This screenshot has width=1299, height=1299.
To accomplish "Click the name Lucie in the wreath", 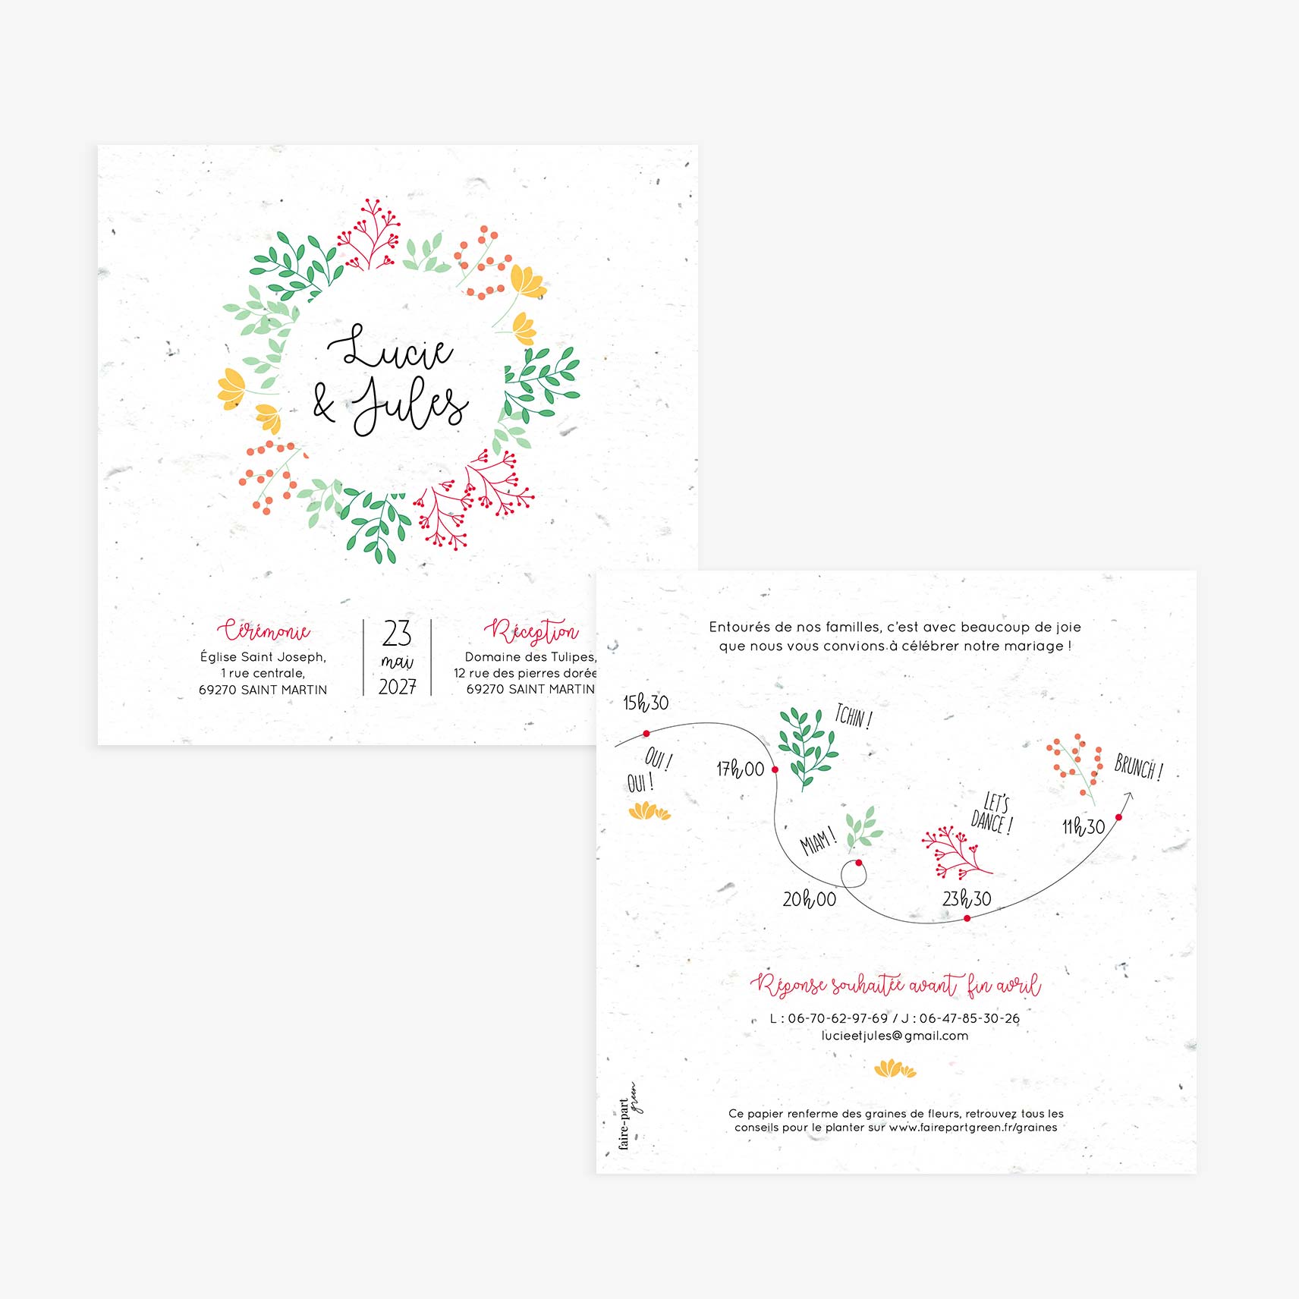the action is pyautogui.click(x=390, y=348).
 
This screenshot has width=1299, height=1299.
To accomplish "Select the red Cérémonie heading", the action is pyautogui.click(x=263, y=631).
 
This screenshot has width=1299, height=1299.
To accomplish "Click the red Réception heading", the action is pyautogui.click(x=531, y=631).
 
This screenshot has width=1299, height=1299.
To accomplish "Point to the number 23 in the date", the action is pyautogui.click(x=397, y=633).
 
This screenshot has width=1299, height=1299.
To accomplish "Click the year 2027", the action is pyautogui.click(x=397, y=687).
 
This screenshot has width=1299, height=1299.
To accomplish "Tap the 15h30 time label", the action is pyautogui.click(x=646, y=703).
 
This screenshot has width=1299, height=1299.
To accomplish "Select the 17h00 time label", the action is pyautogui.click(x=741, y=769).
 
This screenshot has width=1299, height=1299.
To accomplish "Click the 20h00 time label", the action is pyautogui.click(x=810, y=899).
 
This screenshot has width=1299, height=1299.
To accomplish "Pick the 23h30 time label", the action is pyautogui.click(x=967, y=899).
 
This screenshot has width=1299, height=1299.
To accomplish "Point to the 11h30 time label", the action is pyautogui.click(x=1084, y=827).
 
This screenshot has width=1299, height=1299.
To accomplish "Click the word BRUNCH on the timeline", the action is pyautogui.click(x=1134, y=766).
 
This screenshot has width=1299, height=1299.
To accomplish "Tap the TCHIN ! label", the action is pyautogui.click(x=854, y=717).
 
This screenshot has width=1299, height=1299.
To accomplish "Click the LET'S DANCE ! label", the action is pyautogui.click(x=992, y=813).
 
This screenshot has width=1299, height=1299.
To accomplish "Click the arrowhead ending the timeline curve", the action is pyautogui.click(x=1128, y=796).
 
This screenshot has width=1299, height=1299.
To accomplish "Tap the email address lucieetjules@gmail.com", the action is pyautogui.click(x=895, y=1036).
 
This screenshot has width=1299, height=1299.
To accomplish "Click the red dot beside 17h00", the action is pyautogui.click(x=775, y=769).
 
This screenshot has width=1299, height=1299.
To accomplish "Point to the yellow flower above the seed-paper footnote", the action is pyautogui.click(x=895, y=1069).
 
